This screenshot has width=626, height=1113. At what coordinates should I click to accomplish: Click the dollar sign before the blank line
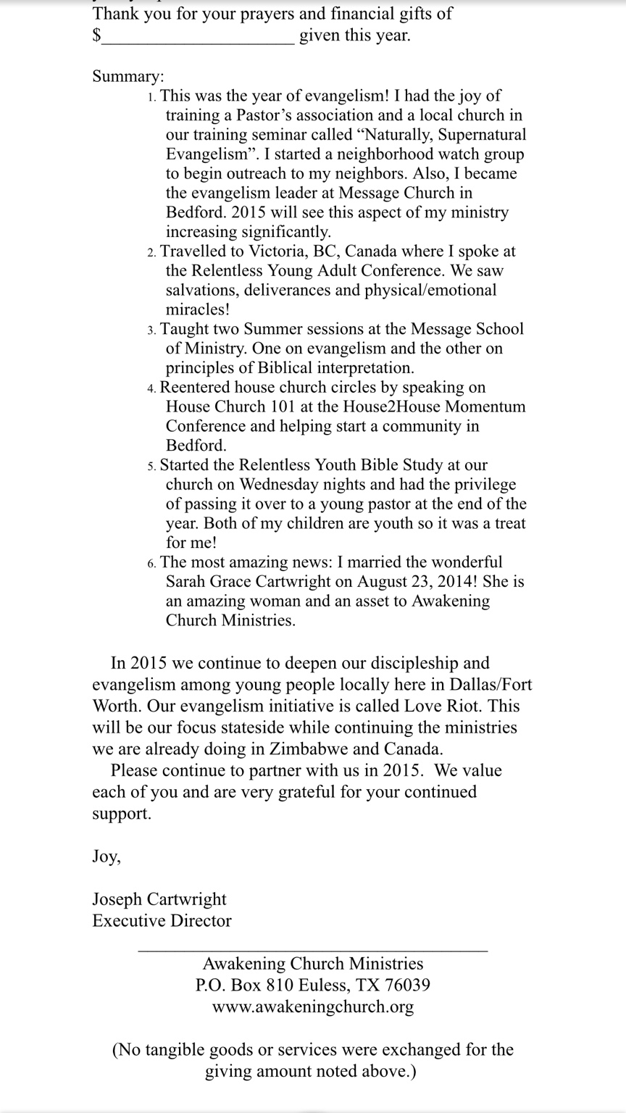pyautogui.click(x=96, y=36)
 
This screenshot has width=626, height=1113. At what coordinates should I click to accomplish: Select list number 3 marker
pyautogui.click(x=151, y=330)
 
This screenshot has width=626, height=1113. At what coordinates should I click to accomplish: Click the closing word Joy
pyautogui.click(x=106, y=856)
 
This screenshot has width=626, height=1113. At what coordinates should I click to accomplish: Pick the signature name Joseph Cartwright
pyautogui.click(x=159, y=899)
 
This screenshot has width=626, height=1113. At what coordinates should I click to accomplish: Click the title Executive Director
pyautogui.click(x=162, y=921)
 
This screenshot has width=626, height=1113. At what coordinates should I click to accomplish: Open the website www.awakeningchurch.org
pyautogui.click(x=313, y=1007)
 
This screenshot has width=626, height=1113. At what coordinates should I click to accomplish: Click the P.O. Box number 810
pyautogui.click(x=278, y=985)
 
